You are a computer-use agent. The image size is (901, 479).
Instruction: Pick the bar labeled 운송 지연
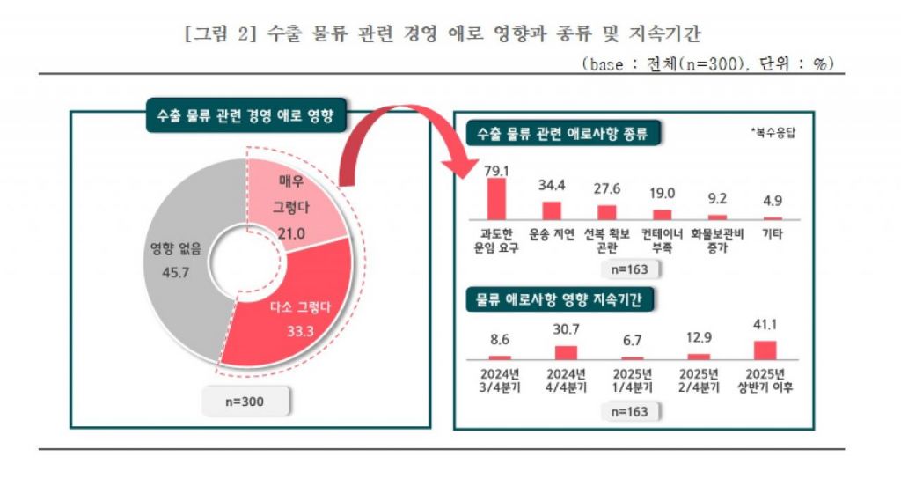pyautogui.click(x=552, y=210)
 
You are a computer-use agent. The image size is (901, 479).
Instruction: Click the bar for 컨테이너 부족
pyautogui.click(x=662, y=214)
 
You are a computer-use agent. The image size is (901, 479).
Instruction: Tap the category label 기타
pyautogui.click(x=773, y=235)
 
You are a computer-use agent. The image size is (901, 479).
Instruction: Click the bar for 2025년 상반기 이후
pyautogui.click(x=766, y=350)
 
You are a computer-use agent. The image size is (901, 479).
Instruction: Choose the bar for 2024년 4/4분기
pyautogui.click(x=567, y=352)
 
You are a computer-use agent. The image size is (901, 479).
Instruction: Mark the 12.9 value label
pyautogui.click(x=700, y=337)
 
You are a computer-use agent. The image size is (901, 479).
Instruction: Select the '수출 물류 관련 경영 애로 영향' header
pyautogui.click(x=245, y=116)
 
